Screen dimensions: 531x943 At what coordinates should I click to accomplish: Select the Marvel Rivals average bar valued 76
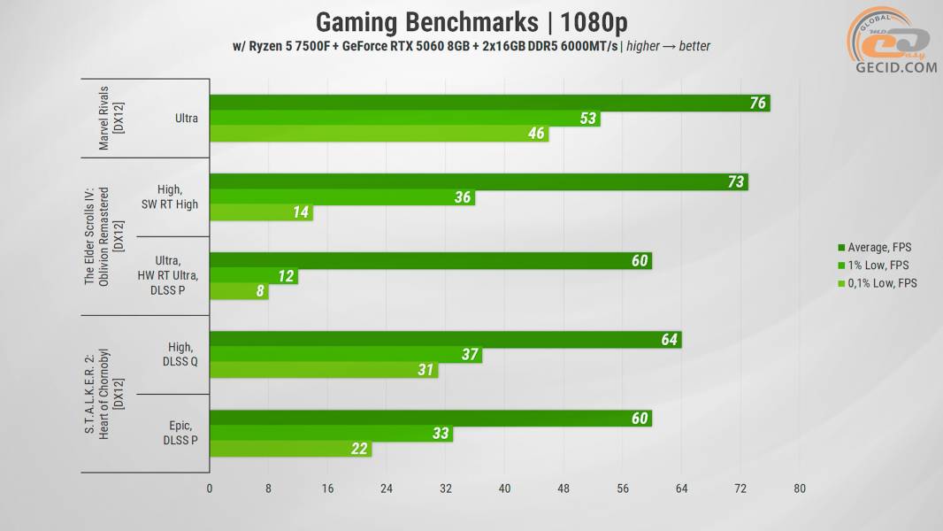[x=489, y=103]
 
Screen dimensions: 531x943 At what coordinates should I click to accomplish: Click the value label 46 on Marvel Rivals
[x=536, y=135]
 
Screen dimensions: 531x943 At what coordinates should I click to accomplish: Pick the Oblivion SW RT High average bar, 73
[x=479, y=182]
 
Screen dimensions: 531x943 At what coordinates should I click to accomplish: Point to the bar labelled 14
[x=261, y=213]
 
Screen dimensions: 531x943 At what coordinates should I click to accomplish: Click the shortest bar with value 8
[x=239, y=292]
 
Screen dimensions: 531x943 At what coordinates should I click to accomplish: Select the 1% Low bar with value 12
[x=253, y=276]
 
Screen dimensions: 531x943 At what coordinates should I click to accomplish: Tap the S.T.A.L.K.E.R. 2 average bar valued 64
[x=445, y=339]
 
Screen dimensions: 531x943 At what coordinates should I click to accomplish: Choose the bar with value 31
[x=323, y=370]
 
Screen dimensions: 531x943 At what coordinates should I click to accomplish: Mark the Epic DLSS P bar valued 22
[x=290, y=450]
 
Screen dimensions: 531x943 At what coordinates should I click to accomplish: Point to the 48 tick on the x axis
[x=563, y=489]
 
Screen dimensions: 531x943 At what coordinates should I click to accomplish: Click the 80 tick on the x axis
[x=800, y=489]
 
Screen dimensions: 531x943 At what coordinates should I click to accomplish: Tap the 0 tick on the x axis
[x=210, y=489]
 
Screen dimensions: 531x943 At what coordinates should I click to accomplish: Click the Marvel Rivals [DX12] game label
[x=110, y=118]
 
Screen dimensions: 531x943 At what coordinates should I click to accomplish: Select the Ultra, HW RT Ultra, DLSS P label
[x=168, y=276]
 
